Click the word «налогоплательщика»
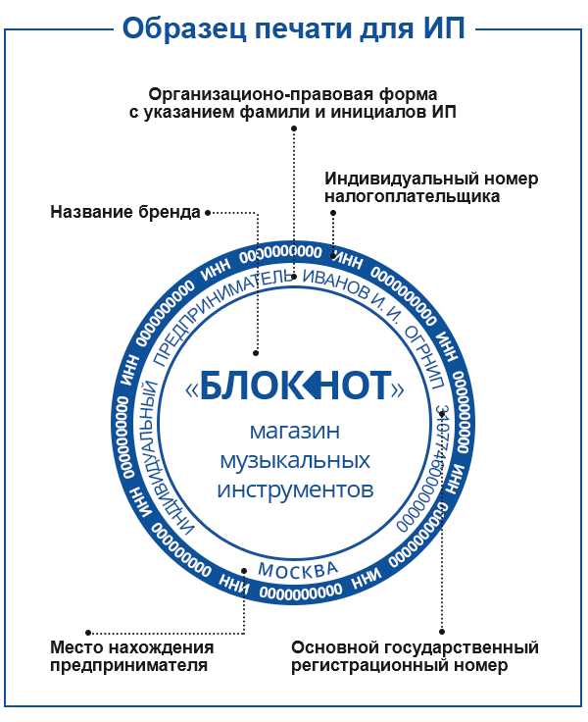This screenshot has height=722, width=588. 413,196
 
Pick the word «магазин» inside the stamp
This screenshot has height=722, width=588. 295,432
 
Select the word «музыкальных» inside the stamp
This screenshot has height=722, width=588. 295,461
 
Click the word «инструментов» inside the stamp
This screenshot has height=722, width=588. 295,490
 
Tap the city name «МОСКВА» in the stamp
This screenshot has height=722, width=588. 298,569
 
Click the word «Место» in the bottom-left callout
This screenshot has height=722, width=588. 78,647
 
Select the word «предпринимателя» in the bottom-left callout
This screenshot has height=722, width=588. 128,666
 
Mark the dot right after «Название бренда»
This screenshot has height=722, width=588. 208,213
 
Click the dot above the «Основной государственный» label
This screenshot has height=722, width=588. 442,632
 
